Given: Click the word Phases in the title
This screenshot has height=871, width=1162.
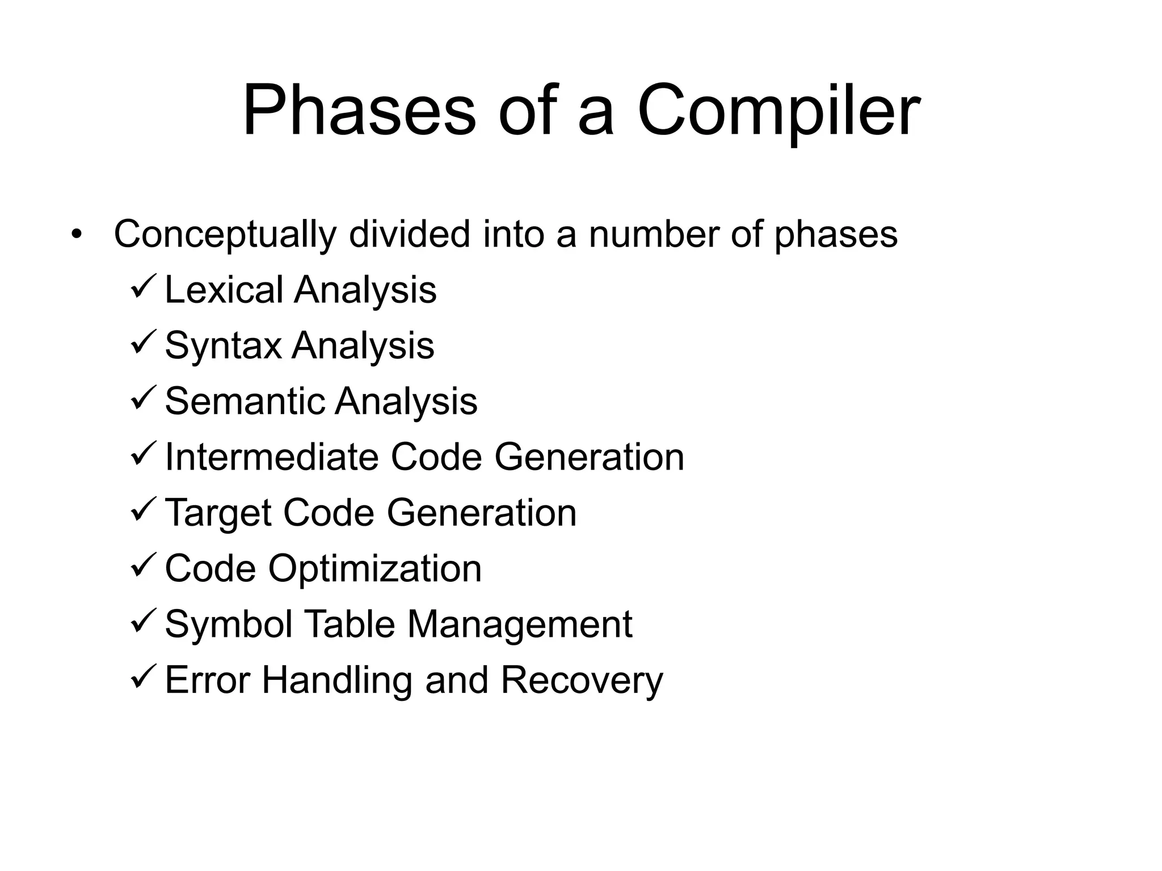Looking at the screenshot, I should (359, 111).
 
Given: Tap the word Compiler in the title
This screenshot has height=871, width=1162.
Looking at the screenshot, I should (778, 111).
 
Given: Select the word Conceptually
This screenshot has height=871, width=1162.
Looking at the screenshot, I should (225, 235).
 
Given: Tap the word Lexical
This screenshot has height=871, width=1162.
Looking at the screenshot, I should (224, 290).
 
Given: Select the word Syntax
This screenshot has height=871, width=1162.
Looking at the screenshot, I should (223, 345).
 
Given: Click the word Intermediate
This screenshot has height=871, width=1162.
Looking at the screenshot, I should (271, 456).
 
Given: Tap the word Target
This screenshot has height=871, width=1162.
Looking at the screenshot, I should (218, 513).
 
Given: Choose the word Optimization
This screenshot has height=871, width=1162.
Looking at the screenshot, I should (374, 569).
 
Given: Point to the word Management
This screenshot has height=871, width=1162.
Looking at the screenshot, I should (519, 624).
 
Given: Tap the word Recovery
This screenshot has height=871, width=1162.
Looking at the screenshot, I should (582, 680).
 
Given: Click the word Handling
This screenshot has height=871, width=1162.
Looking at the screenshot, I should (336, 680).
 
